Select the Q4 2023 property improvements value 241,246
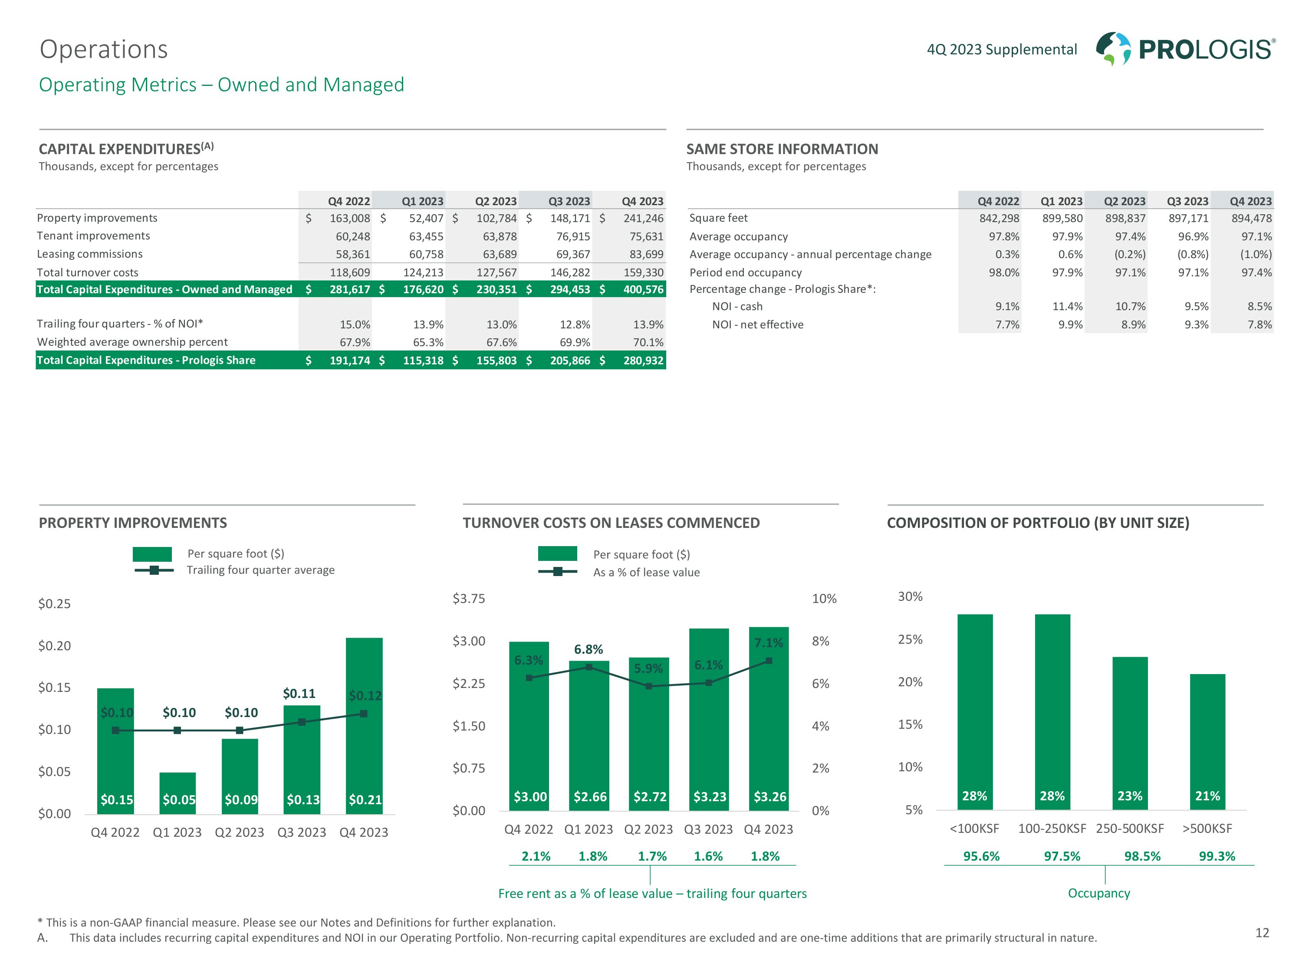coord(643,218)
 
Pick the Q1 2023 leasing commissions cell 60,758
coord(426,254)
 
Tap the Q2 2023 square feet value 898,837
coord(1125,218)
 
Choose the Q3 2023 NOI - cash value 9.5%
coord(1196,307)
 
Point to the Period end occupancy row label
coord(745,272)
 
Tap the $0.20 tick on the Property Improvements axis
coord(54,646)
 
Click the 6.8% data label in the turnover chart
coord(589,649)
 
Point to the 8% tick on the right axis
coord(821,641)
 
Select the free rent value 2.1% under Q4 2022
coord(536,857)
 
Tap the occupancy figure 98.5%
coord(1142,857)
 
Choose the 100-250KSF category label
coord(1052,829)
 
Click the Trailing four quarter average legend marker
coord(154,570)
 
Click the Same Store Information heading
coord(782,149)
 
